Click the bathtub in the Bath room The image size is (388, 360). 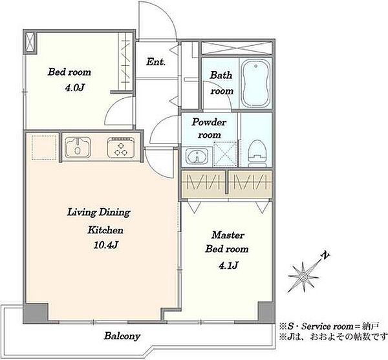255,83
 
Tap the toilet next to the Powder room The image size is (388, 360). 257,153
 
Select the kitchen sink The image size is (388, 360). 78,147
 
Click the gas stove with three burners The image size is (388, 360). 122,147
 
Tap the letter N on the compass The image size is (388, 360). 325,256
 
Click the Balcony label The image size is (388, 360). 122,336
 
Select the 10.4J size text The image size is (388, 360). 105,245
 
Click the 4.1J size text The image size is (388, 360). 228,265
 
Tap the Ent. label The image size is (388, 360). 156,62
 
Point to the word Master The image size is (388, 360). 228,235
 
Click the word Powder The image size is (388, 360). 209,122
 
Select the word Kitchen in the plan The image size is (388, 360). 105,230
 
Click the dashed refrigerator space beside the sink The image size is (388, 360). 44,147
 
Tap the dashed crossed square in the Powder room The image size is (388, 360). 225,154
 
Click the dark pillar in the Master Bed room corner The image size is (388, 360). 266,312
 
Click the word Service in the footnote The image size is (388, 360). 316,327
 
